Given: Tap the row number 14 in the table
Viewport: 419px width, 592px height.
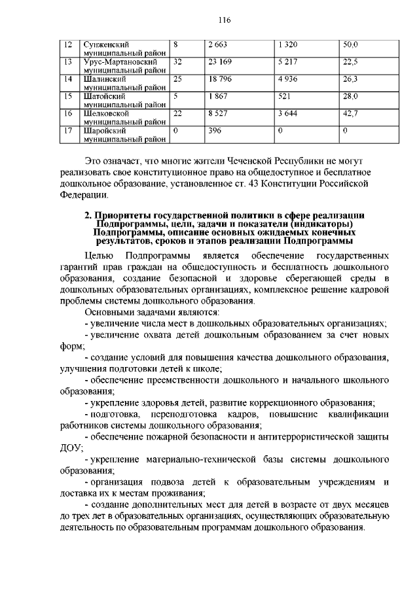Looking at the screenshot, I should point(67,79).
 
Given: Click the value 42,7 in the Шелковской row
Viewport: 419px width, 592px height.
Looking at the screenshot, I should point(350,113).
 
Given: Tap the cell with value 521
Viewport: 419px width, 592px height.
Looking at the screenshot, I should point(284,96).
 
